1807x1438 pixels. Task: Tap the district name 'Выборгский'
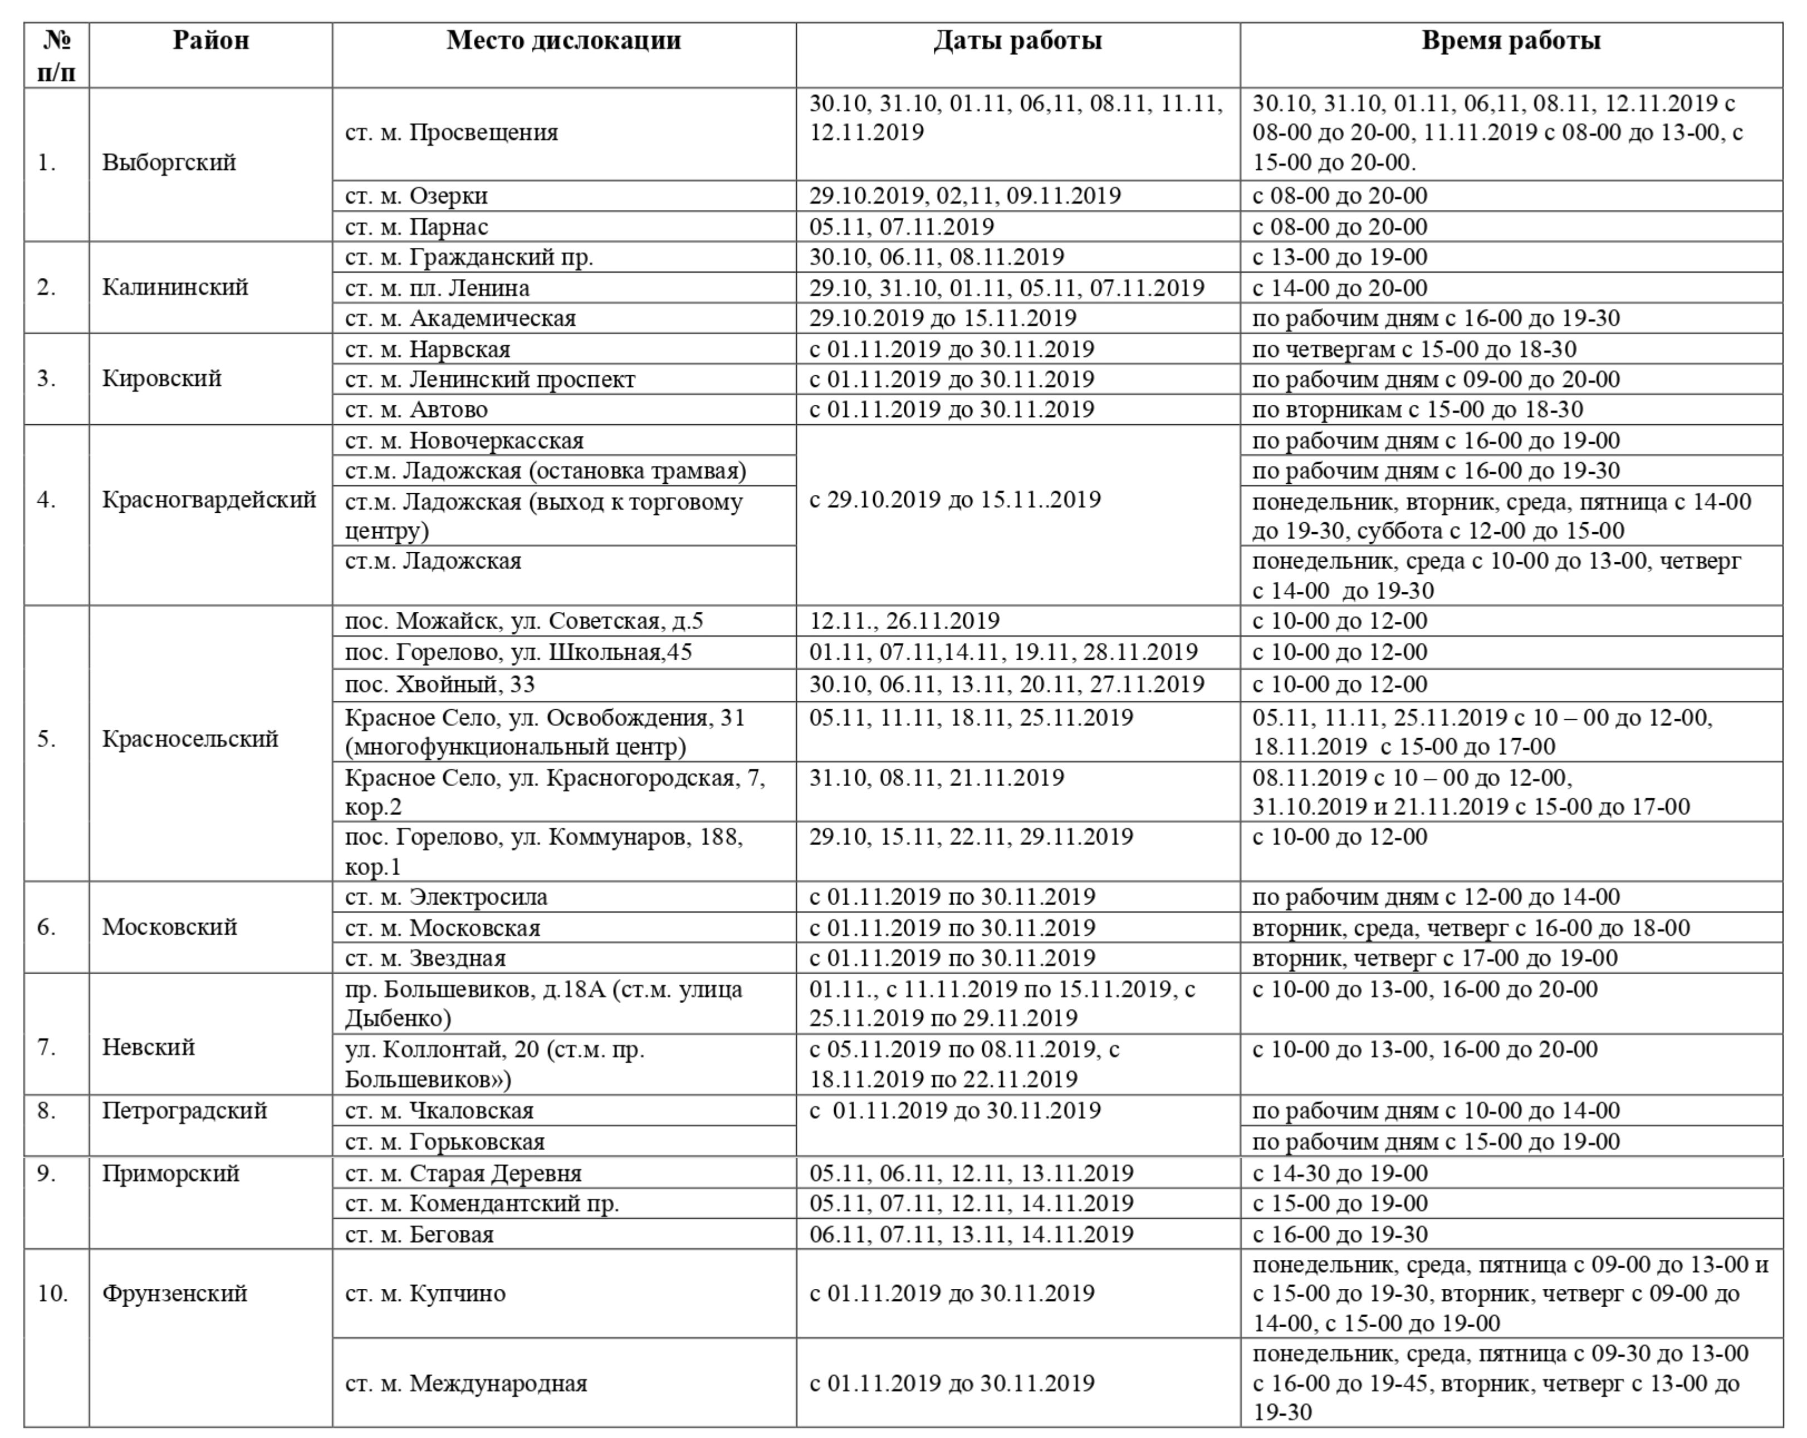[169, 163]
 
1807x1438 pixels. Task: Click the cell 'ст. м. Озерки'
[417, 196]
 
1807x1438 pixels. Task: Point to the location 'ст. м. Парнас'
[417, 227]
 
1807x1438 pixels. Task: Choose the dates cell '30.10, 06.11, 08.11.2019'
[936, 257]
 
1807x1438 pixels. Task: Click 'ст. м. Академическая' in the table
[460, 318]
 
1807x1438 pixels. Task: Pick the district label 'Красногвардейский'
[209, 500]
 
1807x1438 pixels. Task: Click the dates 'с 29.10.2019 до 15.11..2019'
[954, 500]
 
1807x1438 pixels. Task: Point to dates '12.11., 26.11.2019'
[904, 621]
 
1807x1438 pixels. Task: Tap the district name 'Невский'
[148, 1048]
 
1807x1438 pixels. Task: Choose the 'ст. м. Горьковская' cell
[444, 1142]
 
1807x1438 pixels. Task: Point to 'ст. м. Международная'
[466, 1383]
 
